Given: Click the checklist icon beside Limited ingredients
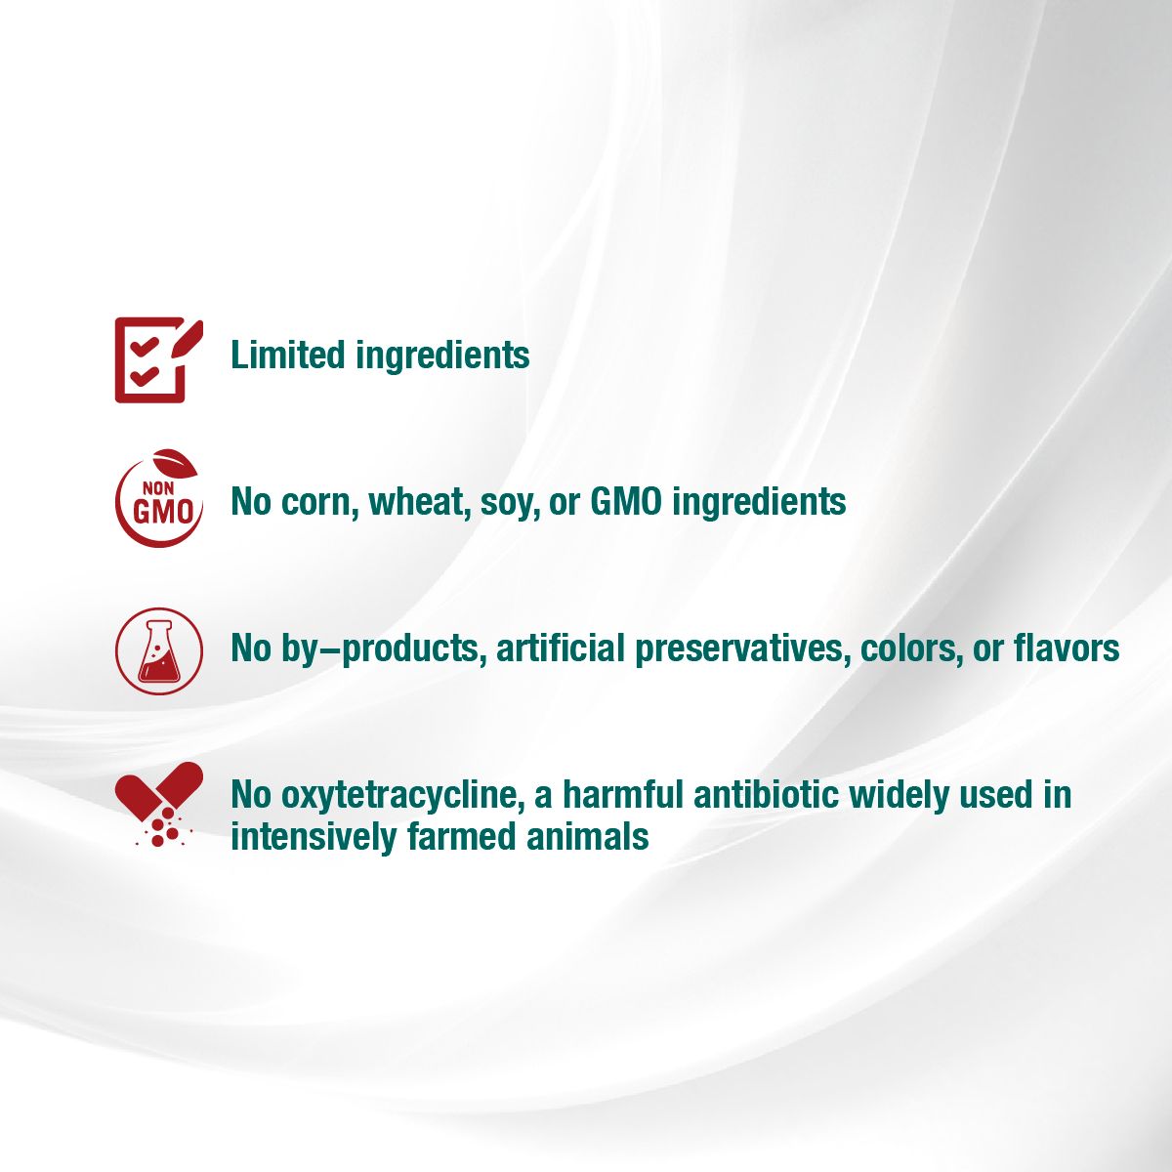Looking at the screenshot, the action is click(158, 359).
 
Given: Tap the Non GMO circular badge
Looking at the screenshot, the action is click(159, 498).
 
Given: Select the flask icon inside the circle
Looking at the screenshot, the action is click(159, 651).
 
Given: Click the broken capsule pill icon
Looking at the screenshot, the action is click(159, 804).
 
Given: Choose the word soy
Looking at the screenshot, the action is click(510, 505).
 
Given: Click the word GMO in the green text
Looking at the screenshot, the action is click(626, 501).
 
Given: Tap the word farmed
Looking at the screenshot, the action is click(462, 836).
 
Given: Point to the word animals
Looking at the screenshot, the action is click(588, 836).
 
